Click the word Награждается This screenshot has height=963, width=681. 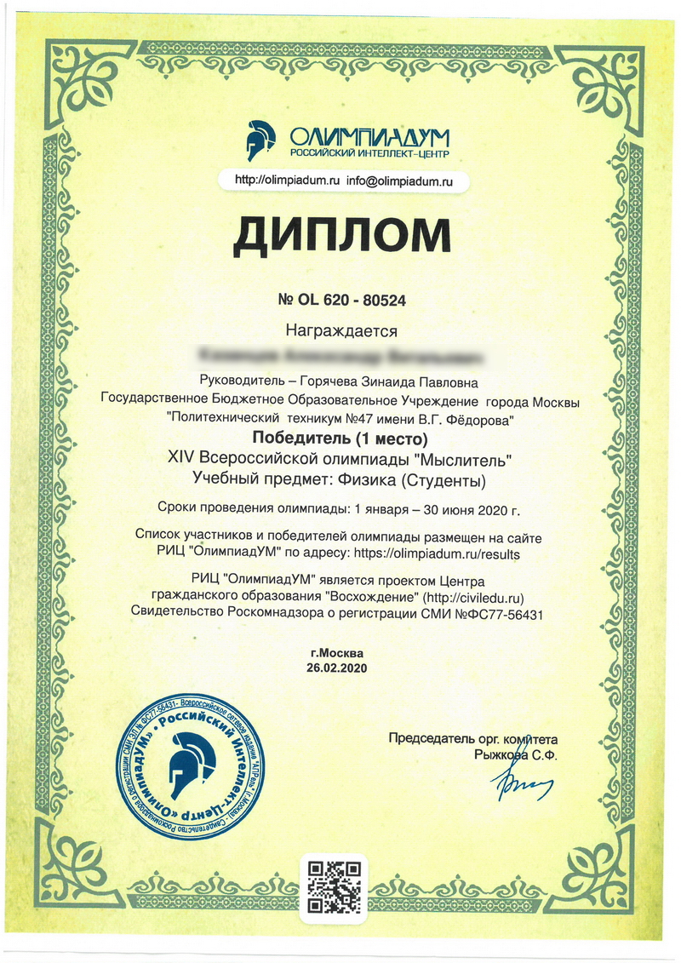coord(341,328)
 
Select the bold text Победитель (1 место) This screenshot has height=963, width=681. coord(340,439)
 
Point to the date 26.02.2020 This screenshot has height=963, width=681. coord(340,668)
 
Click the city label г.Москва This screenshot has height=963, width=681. coord(340,653)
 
